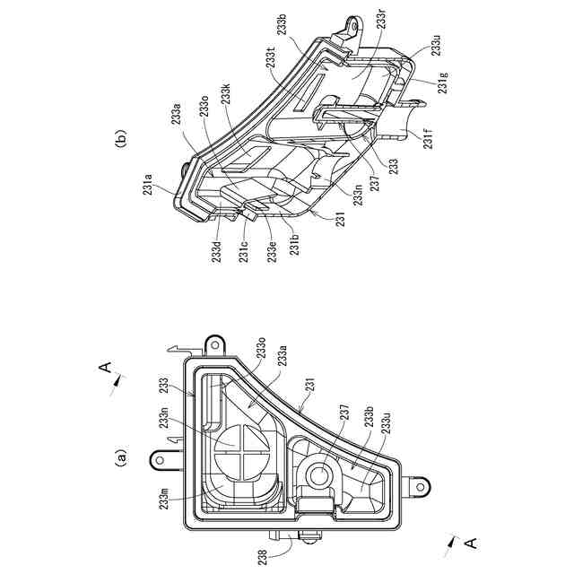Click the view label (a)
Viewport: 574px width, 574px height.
(x=123, y=459)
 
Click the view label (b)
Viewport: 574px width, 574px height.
(x=123, y=139)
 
